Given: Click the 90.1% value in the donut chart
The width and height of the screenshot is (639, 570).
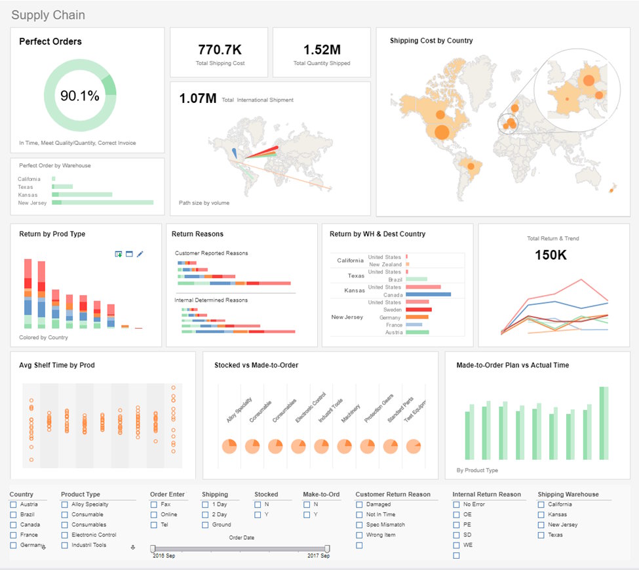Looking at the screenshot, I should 80,96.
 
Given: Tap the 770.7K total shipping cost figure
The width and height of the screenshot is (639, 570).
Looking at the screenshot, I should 220,49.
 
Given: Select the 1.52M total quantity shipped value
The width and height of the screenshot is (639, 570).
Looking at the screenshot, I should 321,49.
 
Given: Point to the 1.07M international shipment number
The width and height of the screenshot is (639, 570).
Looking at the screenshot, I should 198,99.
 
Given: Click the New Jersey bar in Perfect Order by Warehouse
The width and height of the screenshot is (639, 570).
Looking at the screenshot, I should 102,203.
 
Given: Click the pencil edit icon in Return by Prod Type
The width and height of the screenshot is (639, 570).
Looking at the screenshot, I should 140,254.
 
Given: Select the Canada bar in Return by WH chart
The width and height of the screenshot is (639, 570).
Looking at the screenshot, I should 428,295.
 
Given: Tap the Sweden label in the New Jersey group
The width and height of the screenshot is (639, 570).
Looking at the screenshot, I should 393,310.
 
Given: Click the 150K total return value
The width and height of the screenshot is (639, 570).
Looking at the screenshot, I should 551,255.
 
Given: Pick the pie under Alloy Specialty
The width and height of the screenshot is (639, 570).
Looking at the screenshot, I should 229,447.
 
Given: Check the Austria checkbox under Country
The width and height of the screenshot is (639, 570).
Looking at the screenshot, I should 13,504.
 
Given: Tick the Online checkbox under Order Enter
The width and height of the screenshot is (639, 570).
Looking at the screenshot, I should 154,515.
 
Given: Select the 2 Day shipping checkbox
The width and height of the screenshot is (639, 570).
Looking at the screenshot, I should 205,515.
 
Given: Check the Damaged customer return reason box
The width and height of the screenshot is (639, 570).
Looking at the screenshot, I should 360,504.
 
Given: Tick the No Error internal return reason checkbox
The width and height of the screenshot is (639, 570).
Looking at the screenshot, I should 456,504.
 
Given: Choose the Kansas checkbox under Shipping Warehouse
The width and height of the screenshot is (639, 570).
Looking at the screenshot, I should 541,515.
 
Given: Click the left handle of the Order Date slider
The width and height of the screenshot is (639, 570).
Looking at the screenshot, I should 153,548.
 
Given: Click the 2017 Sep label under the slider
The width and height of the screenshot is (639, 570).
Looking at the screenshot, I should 319,556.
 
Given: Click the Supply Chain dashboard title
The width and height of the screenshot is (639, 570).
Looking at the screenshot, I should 48,15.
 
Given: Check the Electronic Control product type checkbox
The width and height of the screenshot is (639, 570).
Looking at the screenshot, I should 64,535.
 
